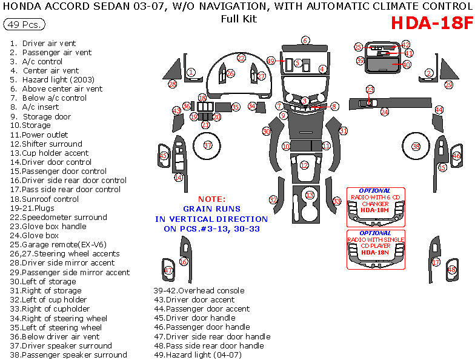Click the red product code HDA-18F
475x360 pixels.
[x=431, y=24]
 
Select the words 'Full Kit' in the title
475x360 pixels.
[x=238, y=19]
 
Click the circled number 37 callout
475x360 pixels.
[x=208, y=145]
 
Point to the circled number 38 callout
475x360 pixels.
[x=416, y=147]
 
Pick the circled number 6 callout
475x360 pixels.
[x=305, y=41]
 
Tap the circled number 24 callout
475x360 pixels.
[x=384, y=112]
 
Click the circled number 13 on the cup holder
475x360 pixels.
[x=310, y=195]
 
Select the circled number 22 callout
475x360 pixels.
[x=241, y=58]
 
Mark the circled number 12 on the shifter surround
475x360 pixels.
[x=304, y=165]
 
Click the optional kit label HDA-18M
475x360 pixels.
[x=375, y=210]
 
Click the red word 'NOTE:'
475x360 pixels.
[x=211, y=199]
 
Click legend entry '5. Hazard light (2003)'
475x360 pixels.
[x=47, y=79]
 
